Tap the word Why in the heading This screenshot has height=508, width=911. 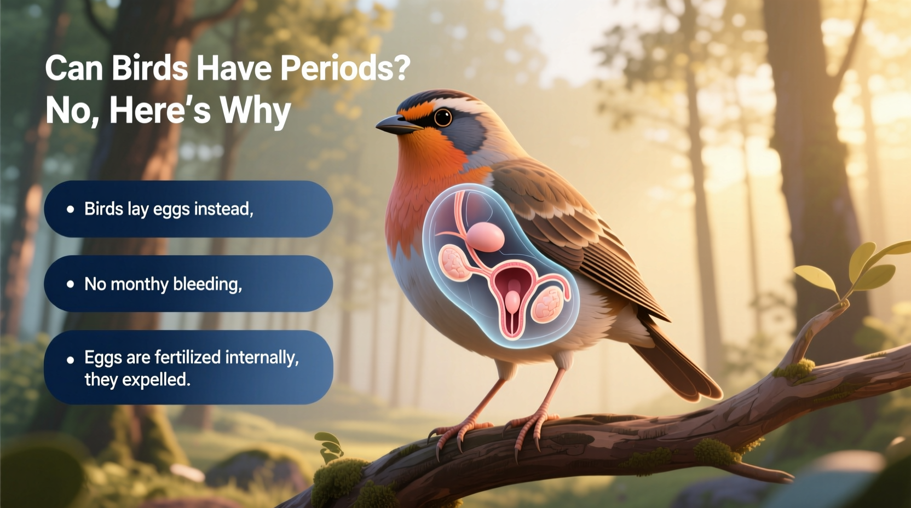pyautogui.click(x=255, y=111)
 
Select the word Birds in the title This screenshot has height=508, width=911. pyautogui.click(x=149, y=68)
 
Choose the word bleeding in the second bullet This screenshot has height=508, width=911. pyautogui.click(x=207, y=284)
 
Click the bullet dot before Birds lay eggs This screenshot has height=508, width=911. pyautogui.click(x=70, y=209)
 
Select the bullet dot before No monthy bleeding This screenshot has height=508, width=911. pyautogui.click(x=70, y=284)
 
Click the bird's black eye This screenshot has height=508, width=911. pyautogui.click(x=442, y=117)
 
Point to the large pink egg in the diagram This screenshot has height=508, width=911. pyautogui.click(x=485, y=236)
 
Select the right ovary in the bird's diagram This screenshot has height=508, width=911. pyautogui.click(x=547, y=304)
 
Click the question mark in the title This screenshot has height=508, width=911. pyautogui.click(x=401, y=68)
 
